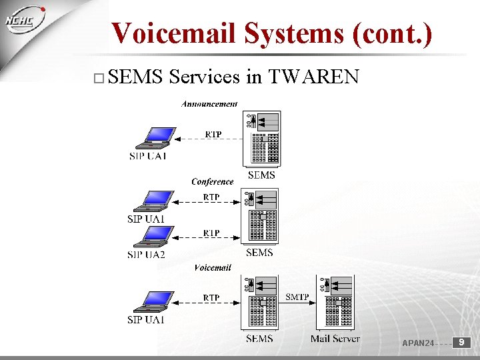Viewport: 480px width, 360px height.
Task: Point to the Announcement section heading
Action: click(x=209, y=104)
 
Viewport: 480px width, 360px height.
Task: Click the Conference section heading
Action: click(x=212, y=181)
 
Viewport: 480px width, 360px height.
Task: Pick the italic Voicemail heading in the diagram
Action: click(x=213, y=267)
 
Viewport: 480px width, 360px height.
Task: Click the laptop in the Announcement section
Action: click(x=155, y=138)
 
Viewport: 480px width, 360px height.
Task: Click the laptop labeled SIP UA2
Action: click(x=154, y=237)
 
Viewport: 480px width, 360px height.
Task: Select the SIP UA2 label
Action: click(x=146, y=254)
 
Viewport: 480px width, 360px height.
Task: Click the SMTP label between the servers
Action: click(x=297, y=297)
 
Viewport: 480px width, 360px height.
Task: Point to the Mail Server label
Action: click(x=335, y=339)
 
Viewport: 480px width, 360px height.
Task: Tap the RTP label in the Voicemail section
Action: click(x=211, y=297)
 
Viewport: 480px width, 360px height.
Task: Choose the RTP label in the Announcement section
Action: click(x=213, y=134)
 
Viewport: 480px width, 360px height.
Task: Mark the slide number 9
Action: click(x=461, y=343)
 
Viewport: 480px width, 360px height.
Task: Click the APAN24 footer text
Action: click(x=418, y=343)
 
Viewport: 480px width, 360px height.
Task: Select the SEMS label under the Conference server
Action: click(x=259, y=253)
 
